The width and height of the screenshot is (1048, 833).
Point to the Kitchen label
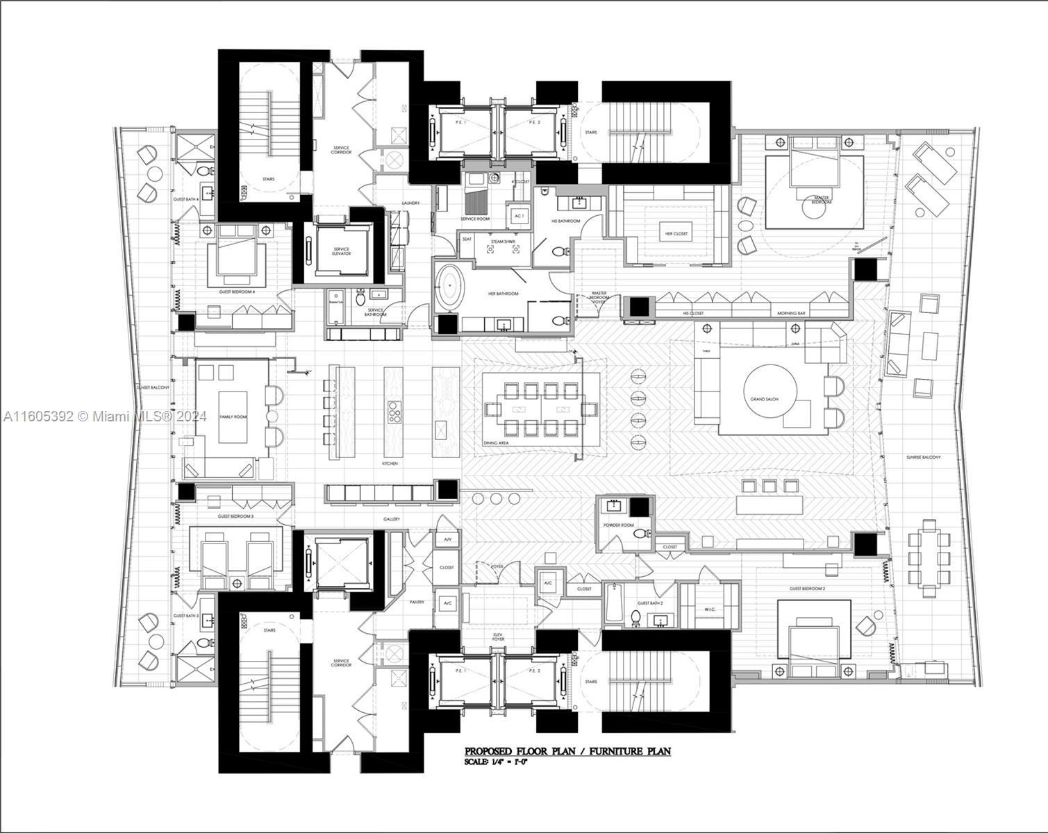point(390,463)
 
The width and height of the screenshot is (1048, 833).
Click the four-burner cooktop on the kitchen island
point(394,412)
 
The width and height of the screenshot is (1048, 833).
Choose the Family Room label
point(233,416)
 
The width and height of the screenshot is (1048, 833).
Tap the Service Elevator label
point(341,251)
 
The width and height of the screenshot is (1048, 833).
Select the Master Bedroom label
point(821,200)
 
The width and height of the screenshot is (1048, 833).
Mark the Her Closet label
point(676,234)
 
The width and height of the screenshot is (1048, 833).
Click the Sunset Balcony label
point(153,387)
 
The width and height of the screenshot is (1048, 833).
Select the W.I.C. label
point(709,610)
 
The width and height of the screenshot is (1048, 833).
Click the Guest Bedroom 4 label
point(237,292)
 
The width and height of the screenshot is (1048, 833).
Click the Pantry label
point(417,603)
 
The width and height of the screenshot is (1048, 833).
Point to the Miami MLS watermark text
point(104,416)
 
